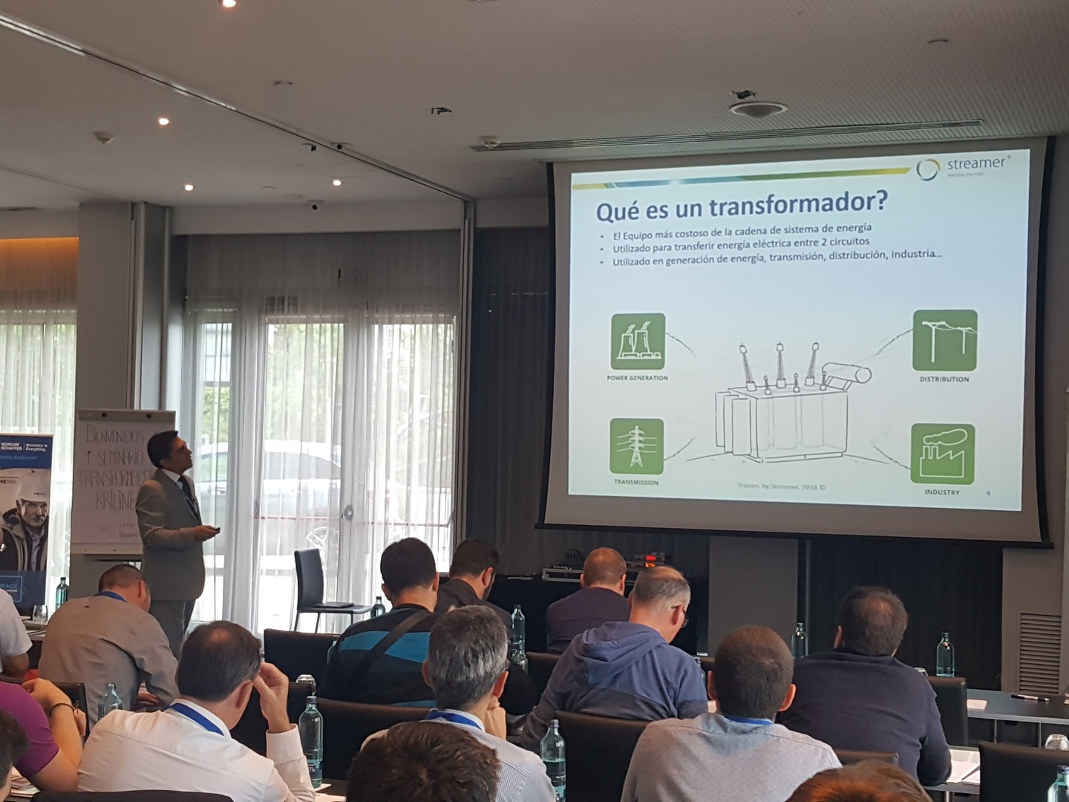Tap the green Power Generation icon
tap(637, 341)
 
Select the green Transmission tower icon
tap(636, 446)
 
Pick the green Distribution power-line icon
tap(944, 340)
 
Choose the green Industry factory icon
tap(942, 454)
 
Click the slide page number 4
tap(987, 492)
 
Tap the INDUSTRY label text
tap(941, 492)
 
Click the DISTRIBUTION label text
tap(944, 379)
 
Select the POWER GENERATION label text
tap(637, 378)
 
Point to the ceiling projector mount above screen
tap(757, 108)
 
